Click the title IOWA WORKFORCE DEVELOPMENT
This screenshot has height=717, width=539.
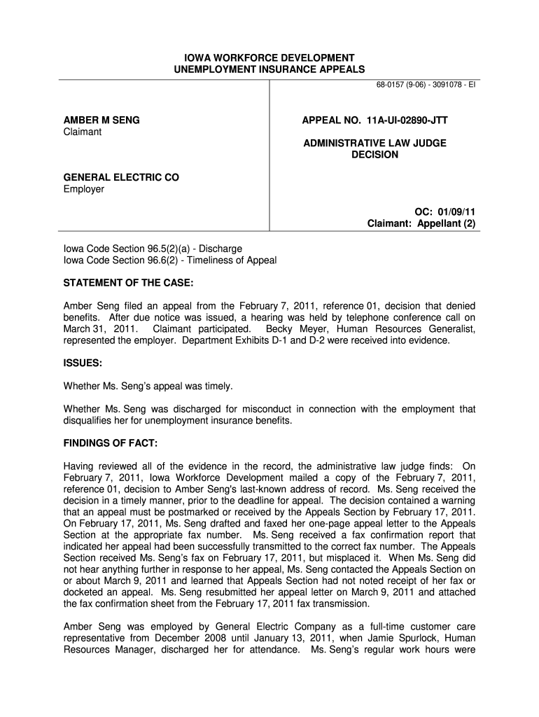(x=269, y=57)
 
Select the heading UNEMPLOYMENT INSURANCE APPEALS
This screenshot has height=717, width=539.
(x=269, y=69)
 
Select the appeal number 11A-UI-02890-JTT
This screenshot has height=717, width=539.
(x=374, y=120)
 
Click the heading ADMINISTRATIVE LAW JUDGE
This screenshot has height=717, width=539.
(x=374, y=143)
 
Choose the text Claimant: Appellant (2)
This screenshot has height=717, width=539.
(x=421, y=223)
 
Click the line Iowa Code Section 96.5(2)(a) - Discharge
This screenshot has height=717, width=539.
(x=153, y=249)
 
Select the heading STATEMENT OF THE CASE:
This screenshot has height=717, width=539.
(x=127, y=283)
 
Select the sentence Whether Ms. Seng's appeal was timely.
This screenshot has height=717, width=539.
(x=148, y=386)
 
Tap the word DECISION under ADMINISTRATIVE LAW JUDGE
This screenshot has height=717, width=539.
(x=374, y=155)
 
